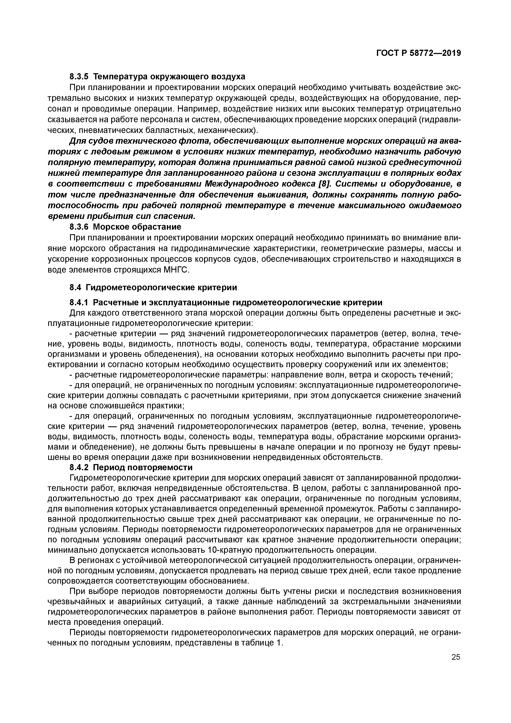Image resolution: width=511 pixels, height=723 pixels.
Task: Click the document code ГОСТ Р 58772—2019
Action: (x=419, y=53)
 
